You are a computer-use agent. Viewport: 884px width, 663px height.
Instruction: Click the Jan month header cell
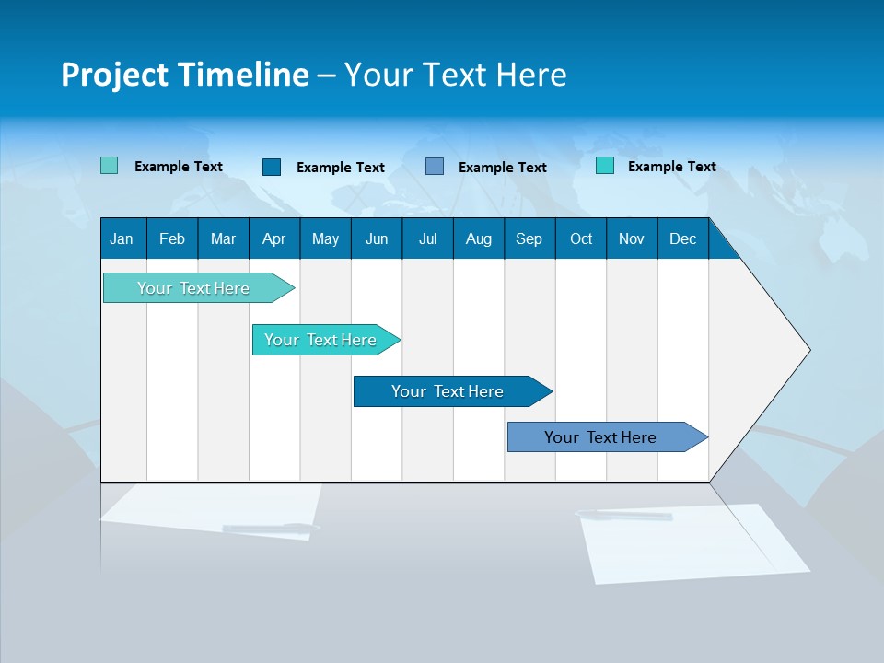pos(122,238)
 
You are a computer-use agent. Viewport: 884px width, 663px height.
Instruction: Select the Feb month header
pos(172,238)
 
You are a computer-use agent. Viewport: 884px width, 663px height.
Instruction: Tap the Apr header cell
pos(274,238)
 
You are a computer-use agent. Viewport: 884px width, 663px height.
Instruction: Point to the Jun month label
pos(377,238)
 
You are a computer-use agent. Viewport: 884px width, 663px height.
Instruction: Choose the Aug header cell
pos(479,238)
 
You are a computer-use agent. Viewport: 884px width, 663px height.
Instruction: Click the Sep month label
pos(529,238)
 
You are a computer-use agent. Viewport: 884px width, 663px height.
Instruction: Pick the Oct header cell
pos(581,238)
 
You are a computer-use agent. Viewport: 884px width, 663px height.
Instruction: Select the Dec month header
pos(683,238)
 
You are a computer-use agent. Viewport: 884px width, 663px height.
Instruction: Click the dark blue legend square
pos(272,167)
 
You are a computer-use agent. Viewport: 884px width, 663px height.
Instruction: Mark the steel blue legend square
pos(435,167)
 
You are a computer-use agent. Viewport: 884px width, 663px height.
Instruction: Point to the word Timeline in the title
pos(243,75)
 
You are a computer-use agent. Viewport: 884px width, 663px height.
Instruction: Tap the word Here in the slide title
pos(531,75)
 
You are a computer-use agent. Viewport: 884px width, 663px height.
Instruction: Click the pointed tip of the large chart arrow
pos(808,350)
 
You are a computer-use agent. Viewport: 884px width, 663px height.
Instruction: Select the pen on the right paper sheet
pos(626,516)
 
